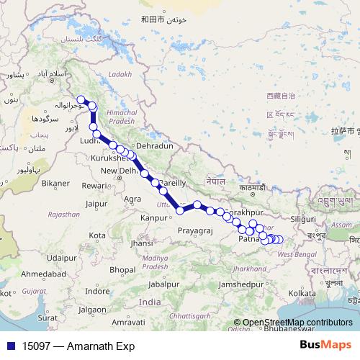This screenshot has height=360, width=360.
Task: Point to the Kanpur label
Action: (x=153, y=217)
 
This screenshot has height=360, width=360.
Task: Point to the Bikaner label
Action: (x=55, y=184)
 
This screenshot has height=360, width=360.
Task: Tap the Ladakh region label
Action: (x=121, y=74)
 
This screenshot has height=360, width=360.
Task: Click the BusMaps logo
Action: (x=325, y=345)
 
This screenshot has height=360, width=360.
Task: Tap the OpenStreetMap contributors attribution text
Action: (x=297, y=323)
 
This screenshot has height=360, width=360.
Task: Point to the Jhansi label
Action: (x=142, y=243)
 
